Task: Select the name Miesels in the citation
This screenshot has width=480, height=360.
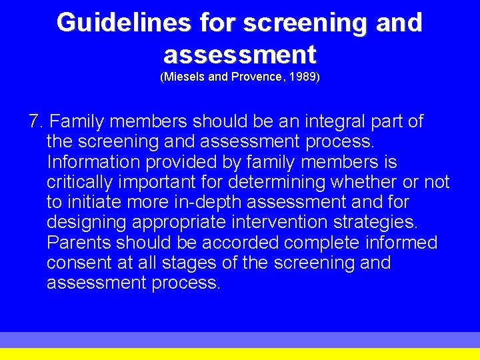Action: pyautogui.click(x=184, y=77)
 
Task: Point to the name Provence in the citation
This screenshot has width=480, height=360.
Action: pyautogui.click(x=256, y=77)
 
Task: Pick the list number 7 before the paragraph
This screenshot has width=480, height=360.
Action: pyautogui.click(x=35, y=121)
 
